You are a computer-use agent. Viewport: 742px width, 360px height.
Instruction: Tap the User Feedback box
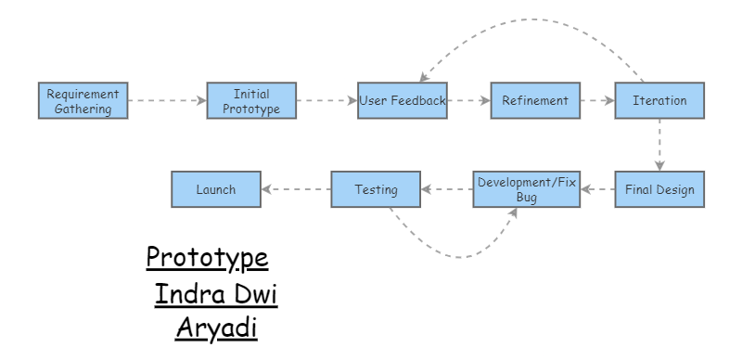point(403,99)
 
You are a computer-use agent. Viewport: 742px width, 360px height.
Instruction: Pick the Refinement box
point(529,99)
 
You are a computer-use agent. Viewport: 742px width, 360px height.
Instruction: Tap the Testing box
point(376,189)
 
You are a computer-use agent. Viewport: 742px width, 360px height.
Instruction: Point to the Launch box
point(215,189)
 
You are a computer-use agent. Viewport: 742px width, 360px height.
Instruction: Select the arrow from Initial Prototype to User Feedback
point(318,99)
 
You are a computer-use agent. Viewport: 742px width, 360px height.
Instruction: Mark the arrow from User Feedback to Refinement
point(470,99)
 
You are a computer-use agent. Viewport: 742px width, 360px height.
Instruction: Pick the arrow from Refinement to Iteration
point(591,99)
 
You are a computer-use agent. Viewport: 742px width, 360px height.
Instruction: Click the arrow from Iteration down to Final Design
point(659,144)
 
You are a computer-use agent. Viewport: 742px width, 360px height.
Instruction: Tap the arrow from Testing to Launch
point(295,189)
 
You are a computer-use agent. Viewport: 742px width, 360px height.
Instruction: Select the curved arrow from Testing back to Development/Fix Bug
point(454,251)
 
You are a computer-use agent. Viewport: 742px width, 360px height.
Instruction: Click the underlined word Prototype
point(208,255)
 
